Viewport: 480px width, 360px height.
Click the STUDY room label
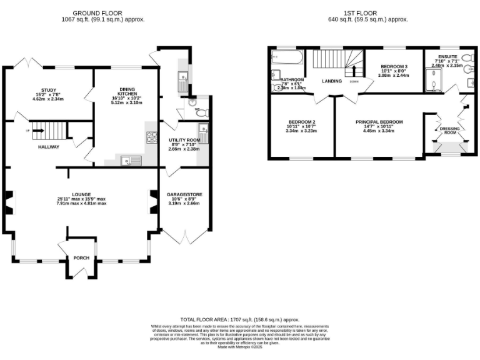click(48, 90)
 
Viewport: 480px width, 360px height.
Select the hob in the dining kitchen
click(151, 137)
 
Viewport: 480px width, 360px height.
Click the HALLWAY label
click(48, 147)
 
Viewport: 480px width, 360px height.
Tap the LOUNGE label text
click(81, 194)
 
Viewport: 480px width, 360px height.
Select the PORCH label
click(81, 258)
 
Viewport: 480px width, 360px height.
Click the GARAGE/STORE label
click(184, 194)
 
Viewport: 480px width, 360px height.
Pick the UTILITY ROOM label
click(184, 141)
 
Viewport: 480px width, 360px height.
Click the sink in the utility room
click(203, 131)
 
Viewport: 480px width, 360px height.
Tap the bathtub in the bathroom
click(287, 60)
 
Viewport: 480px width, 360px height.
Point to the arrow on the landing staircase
click(352, 68)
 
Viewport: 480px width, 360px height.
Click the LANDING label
click(332, 81)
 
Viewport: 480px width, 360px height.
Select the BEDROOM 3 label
click(394, 67)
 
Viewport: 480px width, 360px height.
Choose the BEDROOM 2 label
click(301, 122)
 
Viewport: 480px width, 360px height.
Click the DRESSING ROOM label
click(450, 131)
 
